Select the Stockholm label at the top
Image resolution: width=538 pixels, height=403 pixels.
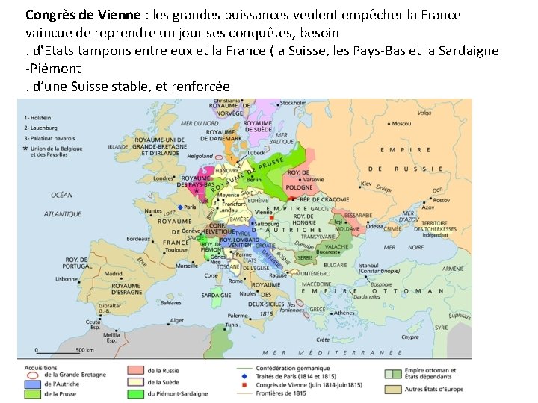(292, 103)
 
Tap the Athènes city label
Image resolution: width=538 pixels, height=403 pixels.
(345, 313)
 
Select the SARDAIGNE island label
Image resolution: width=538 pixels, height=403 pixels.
(217, 295)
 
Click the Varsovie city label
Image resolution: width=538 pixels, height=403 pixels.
(314, 180)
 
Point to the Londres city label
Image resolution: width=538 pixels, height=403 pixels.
(164, 178)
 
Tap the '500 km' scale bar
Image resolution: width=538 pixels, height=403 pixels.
(84, 349)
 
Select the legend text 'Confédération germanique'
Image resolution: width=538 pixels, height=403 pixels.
(288, 369)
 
